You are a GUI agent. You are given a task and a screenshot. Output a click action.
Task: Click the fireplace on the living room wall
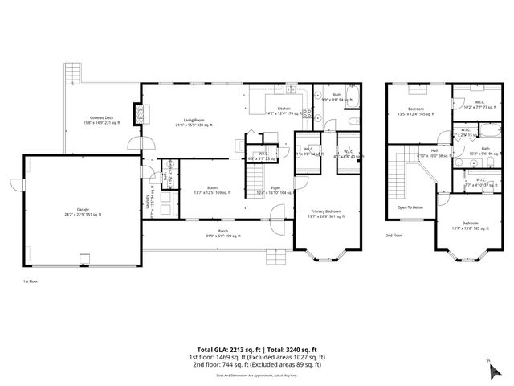(144, 113)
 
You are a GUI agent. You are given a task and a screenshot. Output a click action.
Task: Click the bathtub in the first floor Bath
(357, 102)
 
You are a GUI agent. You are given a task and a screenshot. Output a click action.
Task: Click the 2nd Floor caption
(393, 235)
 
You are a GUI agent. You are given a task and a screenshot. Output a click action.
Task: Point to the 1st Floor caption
(31, 281)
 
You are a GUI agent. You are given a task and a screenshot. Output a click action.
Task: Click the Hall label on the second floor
(434, 150)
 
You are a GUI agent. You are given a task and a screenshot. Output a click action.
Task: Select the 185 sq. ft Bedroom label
(470, 225)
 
